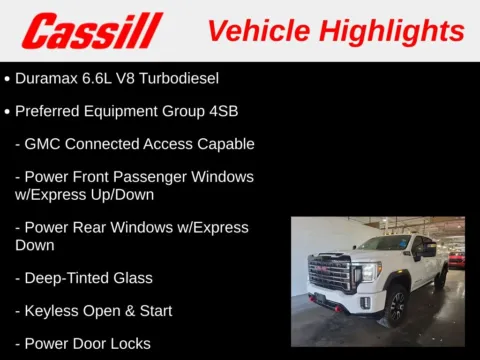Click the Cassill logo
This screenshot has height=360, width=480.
pos(92,31)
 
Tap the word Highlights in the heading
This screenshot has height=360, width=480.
pos(395,30)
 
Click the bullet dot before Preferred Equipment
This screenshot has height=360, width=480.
pos(8,110)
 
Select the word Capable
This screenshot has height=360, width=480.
pos(225,144)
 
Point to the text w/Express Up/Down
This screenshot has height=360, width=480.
pos(85,194)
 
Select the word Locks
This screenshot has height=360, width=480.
pos(129,344)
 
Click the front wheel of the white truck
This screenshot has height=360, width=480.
pos(395,306)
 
